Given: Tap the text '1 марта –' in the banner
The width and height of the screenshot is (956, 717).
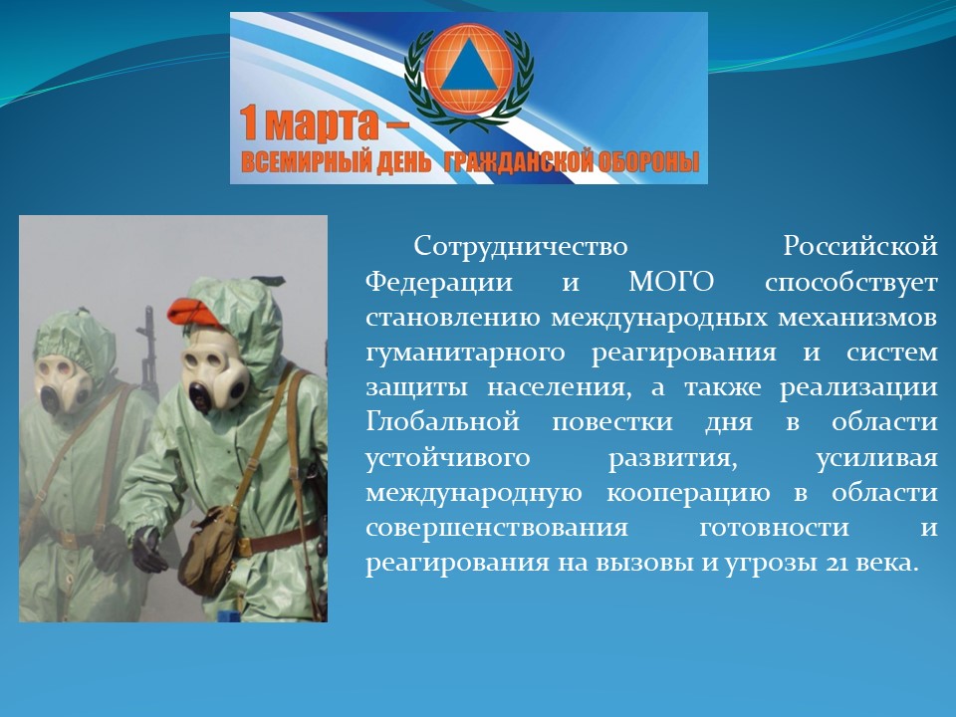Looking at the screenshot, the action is point(323,124).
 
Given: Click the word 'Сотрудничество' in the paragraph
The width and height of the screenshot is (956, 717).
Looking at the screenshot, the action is point(521,247).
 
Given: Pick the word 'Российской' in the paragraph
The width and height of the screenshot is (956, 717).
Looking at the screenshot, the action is point(860,247).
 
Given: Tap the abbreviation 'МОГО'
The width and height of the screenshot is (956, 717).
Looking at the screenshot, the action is point(670,282).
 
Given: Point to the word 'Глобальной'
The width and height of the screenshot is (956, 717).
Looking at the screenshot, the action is point(442,422).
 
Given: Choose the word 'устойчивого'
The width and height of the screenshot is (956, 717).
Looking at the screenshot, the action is point(448,459).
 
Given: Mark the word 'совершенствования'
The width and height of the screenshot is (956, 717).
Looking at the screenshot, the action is point(497,529).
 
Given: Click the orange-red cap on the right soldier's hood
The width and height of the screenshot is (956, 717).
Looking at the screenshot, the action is point(193,313).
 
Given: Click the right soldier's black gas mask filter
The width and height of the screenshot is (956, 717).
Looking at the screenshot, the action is point(200,397).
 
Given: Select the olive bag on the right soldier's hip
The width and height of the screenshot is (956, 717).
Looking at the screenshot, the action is point(206,551).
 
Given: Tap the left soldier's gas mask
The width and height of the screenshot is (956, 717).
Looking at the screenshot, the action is point(62,382).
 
